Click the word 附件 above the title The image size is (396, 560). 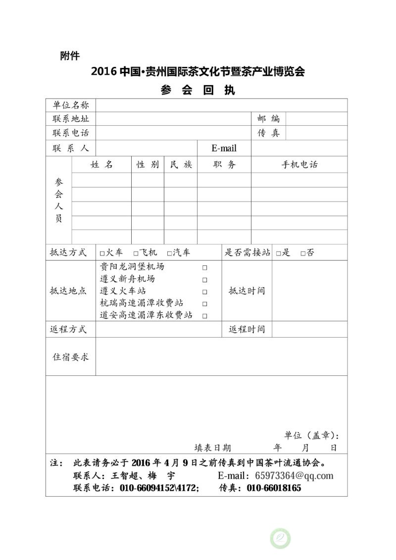pos(70,55)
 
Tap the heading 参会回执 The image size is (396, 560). pos(198,90)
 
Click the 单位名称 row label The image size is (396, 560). pos(70,105)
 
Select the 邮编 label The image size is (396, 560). pos(268,119)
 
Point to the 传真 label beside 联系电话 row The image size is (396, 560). pos(268,133)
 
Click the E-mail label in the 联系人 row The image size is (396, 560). pos(224,148)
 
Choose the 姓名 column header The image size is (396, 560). pos(102,165)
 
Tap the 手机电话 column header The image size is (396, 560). pos(299,165)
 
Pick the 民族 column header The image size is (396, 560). pos(181,165)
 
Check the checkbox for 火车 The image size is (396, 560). pos(102,253)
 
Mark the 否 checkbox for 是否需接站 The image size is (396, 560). pos(303,253)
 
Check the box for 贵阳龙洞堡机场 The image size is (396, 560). pos(204,267)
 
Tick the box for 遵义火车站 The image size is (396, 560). pos(204,292)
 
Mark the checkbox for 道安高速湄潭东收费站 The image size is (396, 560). pos(204,315)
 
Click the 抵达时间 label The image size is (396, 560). pos(247,291)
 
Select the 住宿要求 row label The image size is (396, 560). pos(70,356)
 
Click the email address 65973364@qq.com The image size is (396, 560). pos(294,476)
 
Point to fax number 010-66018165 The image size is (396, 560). pos(274,488)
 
